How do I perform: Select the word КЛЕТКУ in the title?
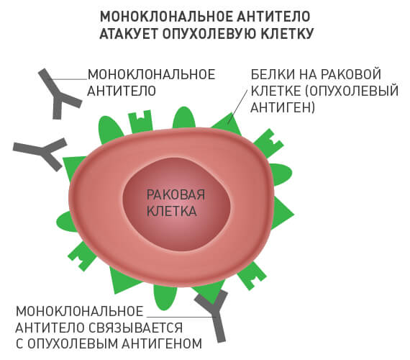(288, 33)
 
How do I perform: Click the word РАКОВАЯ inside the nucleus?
(176, 195)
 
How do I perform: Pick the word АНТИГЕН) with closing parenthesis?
(283, 107)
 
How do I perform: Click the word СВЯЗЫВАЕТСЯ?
(135, 328)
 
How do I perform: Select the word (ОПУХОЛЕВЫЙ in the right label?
(352, 91)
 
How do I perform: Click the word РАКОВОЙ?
(350, 74)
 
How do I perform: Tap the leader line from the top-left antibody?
(68, 78)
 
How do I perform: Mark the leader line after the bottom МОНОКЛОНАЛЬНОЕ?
(181, 317)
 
